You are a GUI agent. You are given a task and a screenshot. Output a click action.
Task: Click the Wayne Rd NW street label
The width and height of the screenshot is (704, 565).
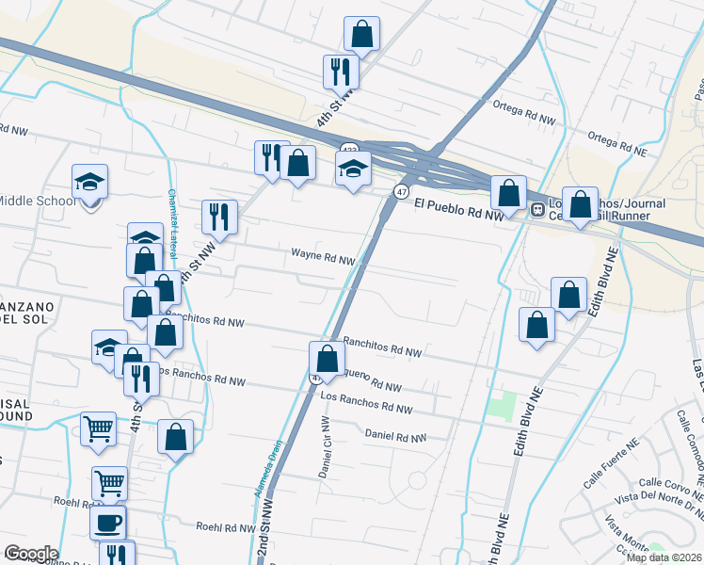pos(323,255)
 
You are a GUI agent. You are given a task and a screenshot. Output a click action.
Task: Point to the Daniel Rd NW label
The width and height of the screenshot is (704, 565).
pos(395,437)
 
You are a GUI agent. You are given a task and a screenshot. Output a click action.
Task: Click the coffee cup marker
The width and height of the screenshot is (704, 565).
pos(106,522)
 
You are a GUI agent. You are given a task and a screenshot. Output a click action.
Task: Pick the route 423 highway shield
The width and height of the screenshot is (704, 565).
pos(350,150)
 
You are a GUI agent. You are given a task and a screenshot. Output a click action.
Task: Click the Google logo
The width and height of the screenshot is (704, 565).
pos(30,554)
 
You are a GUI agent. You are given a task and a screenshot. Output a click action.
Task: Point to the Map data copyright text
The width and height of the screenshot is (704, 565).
pos(664,557)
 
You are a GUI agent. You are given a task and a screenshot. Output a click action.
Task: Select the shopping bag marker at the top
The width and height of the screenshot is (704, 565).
pos(361,36)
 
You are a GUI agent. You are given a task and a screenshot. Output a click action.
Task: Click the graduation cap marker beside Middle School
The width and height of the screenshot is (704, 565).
pos(90,182)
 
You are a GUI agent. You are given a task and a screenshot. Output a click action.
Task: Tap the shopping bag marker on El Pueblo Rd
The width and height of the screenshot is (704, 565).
pos(508,193)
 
